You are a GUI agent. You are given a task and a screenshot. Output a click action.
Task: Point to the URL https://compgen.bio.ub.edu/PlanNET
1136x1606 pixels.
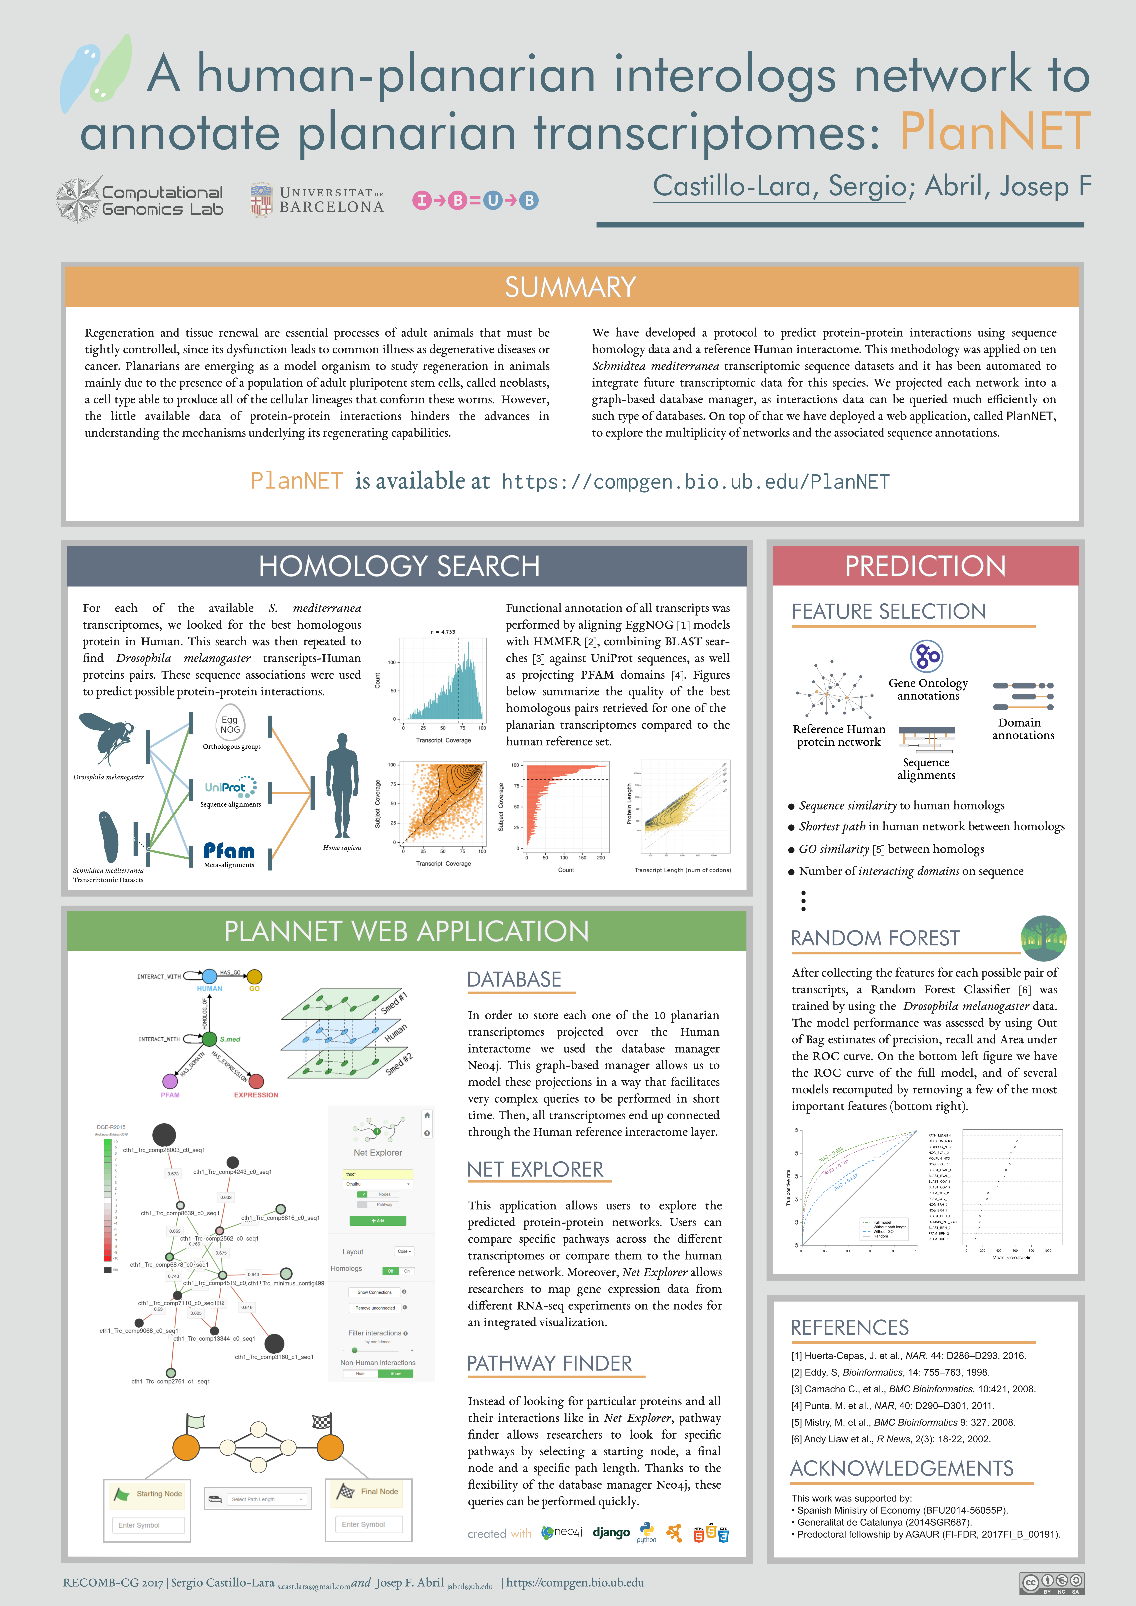pyautogui.click(x=695, y=482)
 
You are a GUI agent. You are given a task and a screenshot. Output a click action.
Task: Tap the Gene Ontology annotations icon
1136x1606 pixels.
pyautogui.click(x=927, y=656)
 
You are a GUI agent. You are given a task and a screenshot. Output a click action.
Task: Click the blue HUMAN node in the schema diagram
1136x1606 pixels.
pyautogui.click(x=209, y=977)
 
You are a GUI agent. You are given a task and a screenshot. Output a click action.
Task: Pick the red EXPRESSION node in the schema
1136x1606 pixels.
pyautogui.click(x=256, y=1081)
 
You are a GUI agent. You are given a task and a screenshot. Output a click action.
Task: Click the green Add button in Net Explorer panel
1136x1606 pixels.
pyautogui.click(x=378, y=1221)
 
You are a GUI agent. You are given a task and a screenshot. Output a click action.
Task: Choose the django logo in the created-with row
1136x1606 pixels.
pyautogui.click(x=611, y=1533)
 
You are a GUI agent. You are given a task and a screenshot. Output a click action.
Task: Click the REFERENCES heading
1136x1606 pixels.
pyautogui.click(x=849, y=1327)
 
